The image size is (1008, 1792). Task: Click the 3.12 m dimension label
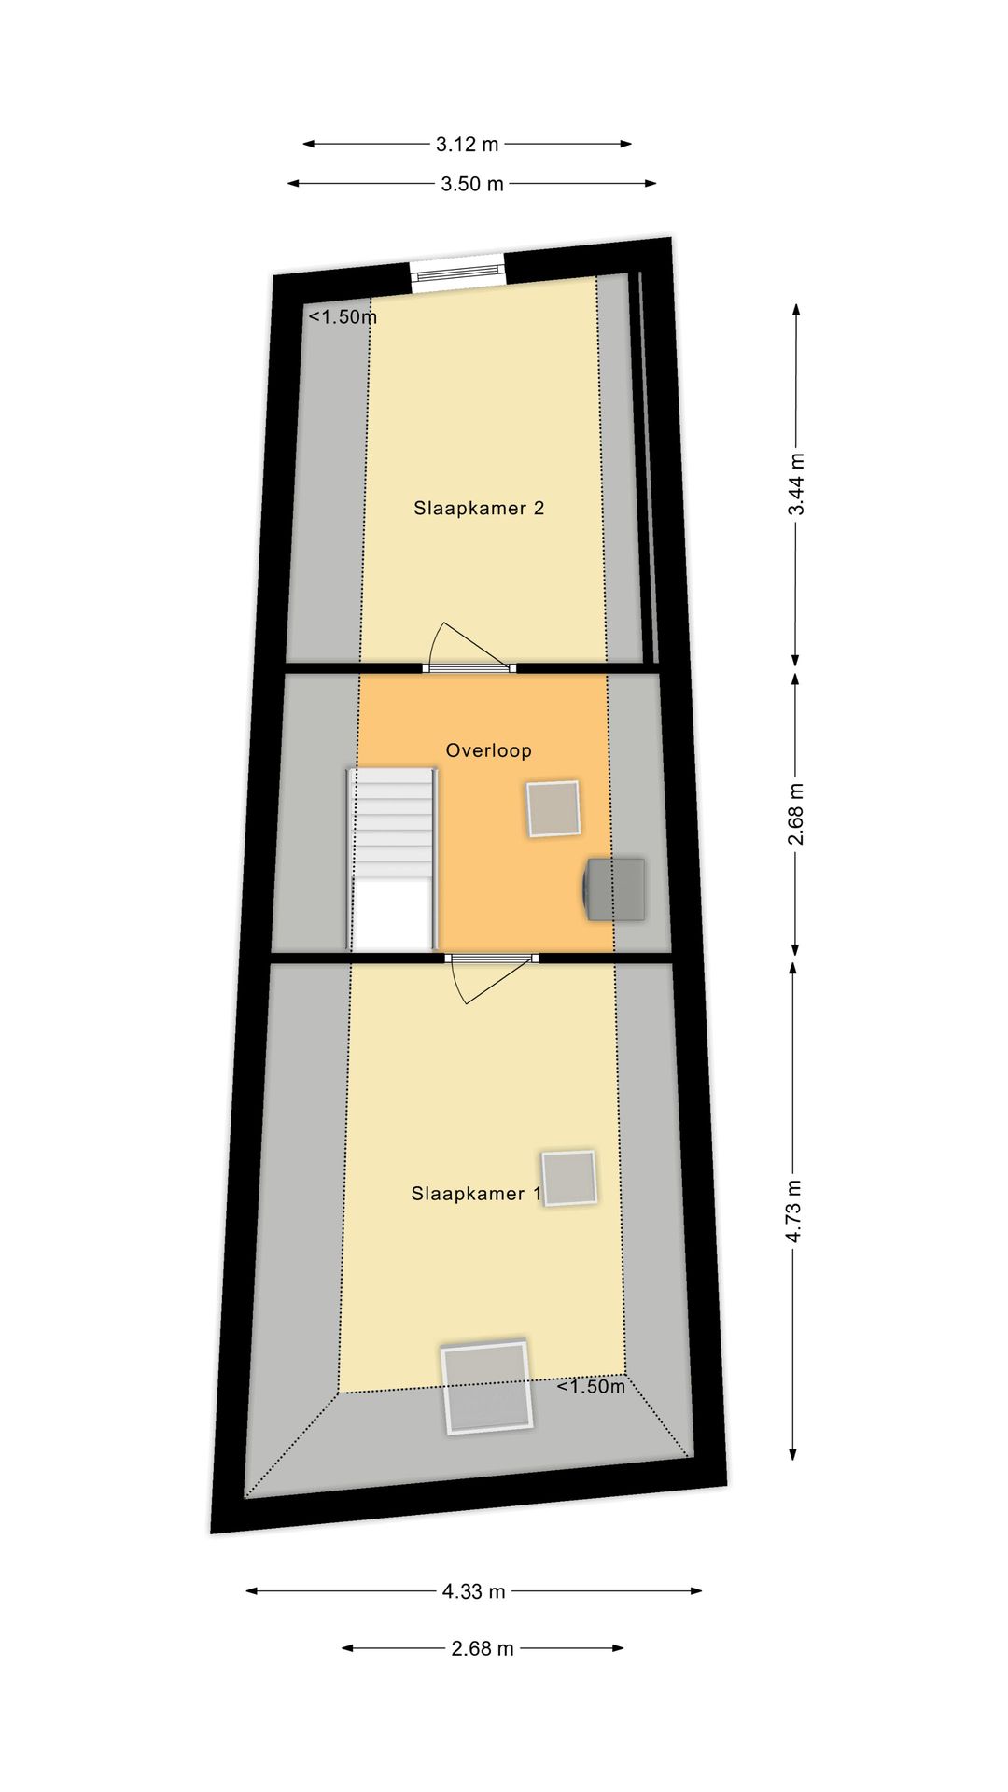coord(467,145)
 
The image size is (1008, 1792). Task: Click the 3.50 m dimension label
coord(472,184)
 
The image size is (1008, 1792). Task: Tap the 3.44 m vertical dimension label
coord(796,483)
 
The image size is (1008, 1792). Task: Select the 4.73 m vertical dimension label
coord(793,1211)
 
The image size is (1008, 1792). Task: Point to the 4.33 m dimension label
coord(473,1591)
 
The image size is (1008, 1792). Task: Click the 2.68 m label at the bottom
coord(482,1648)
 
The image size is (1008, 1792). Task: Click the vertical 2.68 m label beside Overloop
coord(795,815)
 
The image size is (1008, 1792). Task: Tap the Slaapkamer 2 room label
coord(479,509)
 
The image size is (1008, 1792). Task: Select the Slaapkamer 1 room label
coord(475,1194)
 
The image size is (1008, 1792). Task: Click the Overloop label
coord(488,750)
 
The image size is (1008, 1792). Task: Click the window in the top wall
coord(457,273)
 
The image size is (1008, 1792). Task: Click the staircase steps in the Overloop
coord(392,821)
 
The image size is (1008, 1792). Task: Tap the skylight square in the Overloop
coord(553,808)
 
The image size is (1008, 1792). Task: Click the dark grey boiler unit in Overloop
coord(615,889)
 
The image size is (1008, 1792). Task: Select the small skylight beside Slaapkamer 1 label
coord(568,1178)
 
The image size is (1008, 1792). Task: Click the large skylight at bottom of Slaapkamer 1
coord(486,1387)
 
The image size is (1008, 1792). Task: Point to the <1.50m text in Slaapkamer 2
coord(343,317)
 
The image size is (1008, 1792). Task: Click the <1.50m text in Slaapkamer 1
coord(591,1387)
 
